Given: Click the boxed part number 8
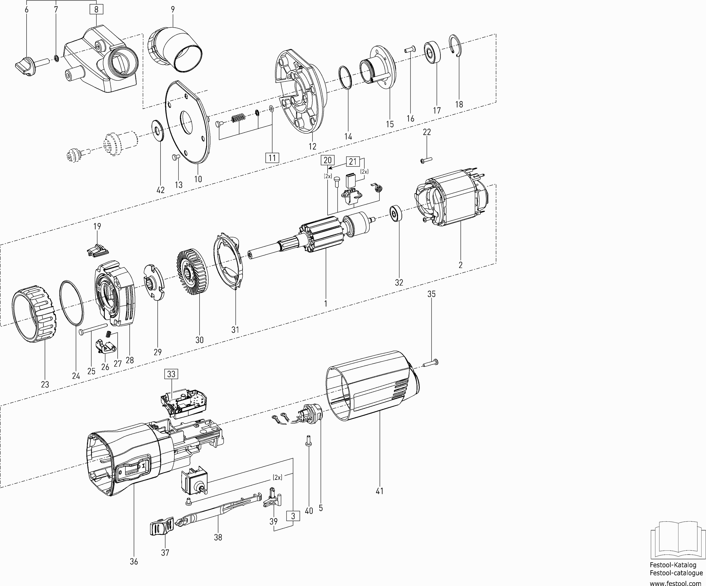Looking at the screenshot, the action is point(96,9).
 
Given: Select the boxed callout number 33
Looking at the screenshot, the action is point(171,374).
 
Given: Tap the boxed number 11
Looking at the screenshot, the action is point(272,158).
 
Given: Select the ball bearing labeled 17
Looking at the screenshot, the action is point(432,52).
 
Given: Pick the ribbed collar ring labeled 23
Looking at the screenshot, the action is point(34,314).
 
